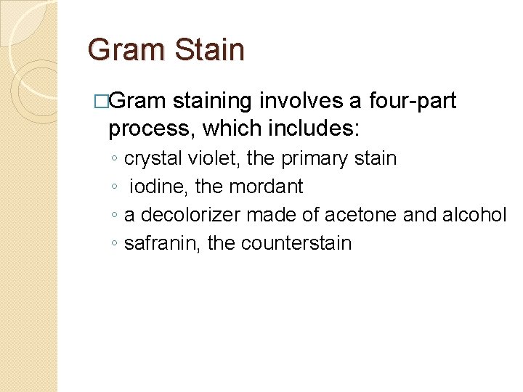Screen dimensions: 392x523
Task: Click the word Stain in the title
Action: pyautogui.click(x=209, y=50)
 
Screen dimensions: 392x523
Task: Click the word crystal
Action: pyautogui.click(x=150, y=158)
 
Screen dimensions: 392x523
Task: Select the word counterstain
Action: pyautogui.click(x=296, y=243)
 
